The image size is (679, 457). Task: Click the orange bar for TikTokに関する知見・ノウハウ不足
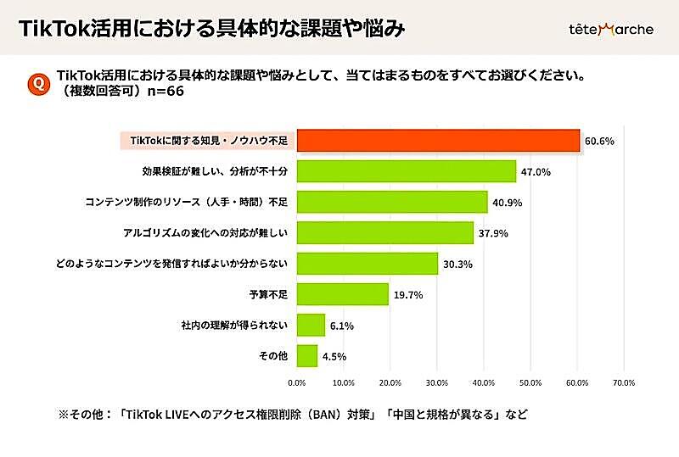pyautogui.click(x=438, y=141)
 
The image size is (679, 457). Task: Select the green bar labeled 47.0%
pyautogui.click(x=407, y=171)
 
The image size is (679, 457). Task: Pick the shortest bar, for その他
pyautogui.click(x=307, y=355)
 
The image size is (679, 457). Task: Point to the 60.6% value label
pyautogui.click(x=599, y=142)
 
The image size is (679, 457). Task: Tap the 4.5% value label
pyautogui.click(x=334, y=356)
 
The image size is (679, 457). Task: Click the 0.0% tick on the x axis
pyautogui.click(x=297, y=382)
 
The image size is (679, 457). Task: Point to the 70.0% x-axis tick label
pyautogui.click(x=623, y=382)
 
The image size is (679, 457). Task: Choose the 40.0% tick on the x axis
pyautogui.click(x=484, y=382)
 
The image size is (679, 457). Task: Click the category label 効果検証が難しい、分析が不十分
pyautogui.click(x=215, y=171)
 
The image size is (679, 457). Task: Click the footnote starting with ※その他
pyautogui.click(x=294, y=415)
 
